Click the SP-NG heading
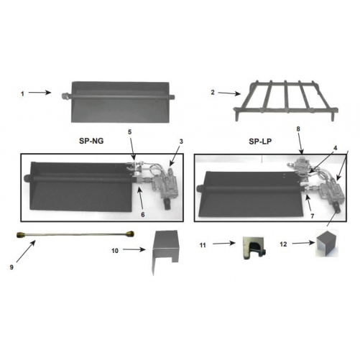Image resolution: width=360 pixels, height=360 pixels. tap(91, 141)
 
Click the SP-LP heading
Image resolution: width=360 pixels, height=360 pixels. tap(260, 142)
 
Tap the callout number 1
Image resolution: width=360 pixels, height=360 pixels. tap(22, 94)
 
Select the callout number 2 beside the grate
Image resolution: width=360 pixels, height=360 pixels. tap(213, 92)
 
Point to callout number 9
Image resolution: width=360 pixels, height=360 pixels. tap(11, 267)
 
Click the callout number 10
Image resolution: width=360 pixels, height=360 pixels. tap(115, 251)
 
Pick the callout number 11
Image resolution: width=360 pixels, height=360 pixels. tap(203, 245)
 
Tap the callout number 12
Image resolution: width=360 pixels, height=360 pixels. tap(283, 244)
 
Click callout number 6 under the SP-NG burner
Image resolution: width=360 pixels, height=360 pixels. tap(143, 215)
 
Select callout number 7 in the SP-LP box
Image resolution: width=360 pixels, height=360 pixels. tap(313, 216)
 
